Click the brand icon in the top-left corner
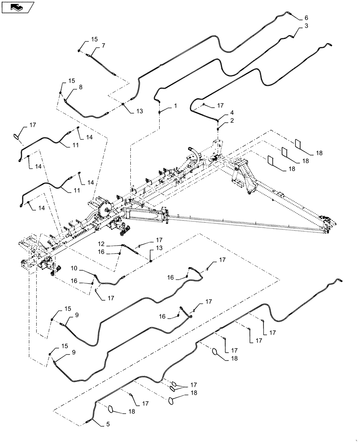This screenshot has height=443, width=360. pyautogui.click(x=18, y=7)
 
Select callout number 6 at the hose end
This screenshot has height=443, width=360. pyautogui.click(x=305, y=18)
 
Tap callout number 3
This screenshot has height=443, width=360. pyautogui.click(x=306, y=27)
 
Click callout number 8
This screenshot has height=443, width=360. pyautogui.click(x=80, y=88)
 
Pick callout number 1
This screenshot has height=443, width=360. pyautogui.click(x=176, y=106)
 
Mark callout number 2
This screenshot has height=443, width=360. pyautogui.click(x=231, y=120)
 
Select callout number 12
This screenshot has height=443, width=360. pyautogui.click(x=102, y=244)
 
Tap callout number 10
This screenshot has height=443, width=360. pyautogui.click(x=73, y=269)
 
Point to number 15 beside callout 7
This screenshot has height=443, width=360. pyautogui.click(x=94, y=39)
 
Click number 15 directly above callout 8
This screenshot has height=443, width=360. pyautogui.click(x=72, y=81)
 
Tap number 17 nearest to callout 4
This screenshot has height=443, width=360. pyautogui.click(x=220, y=106)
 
